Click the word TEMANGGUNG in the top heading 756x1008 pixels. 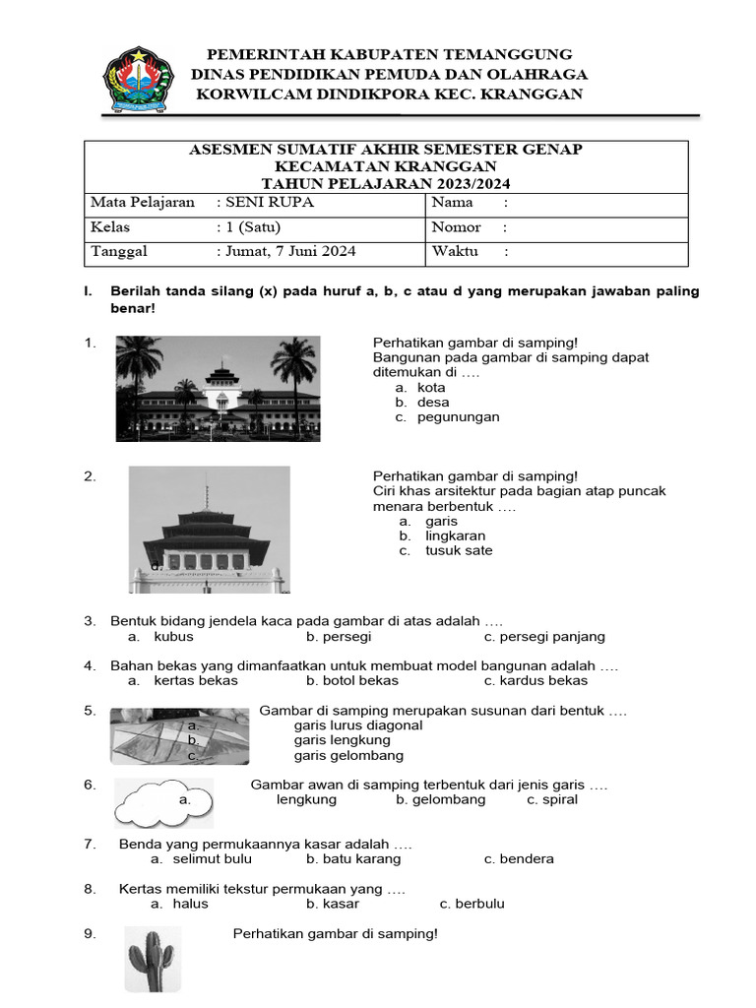tap(508, 54)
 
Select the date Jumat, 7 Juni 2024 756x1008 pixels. tap(291, 251)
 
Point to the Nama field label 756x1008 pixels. tap(453, 203)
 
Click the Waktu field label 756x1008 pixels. tap(455, 251)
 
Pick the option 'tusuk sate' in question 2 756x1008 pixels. tap(459, 550)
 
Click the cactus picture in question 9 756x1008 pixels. tap(151, 959)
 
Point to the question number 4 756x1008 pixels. tap(89, 665)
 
